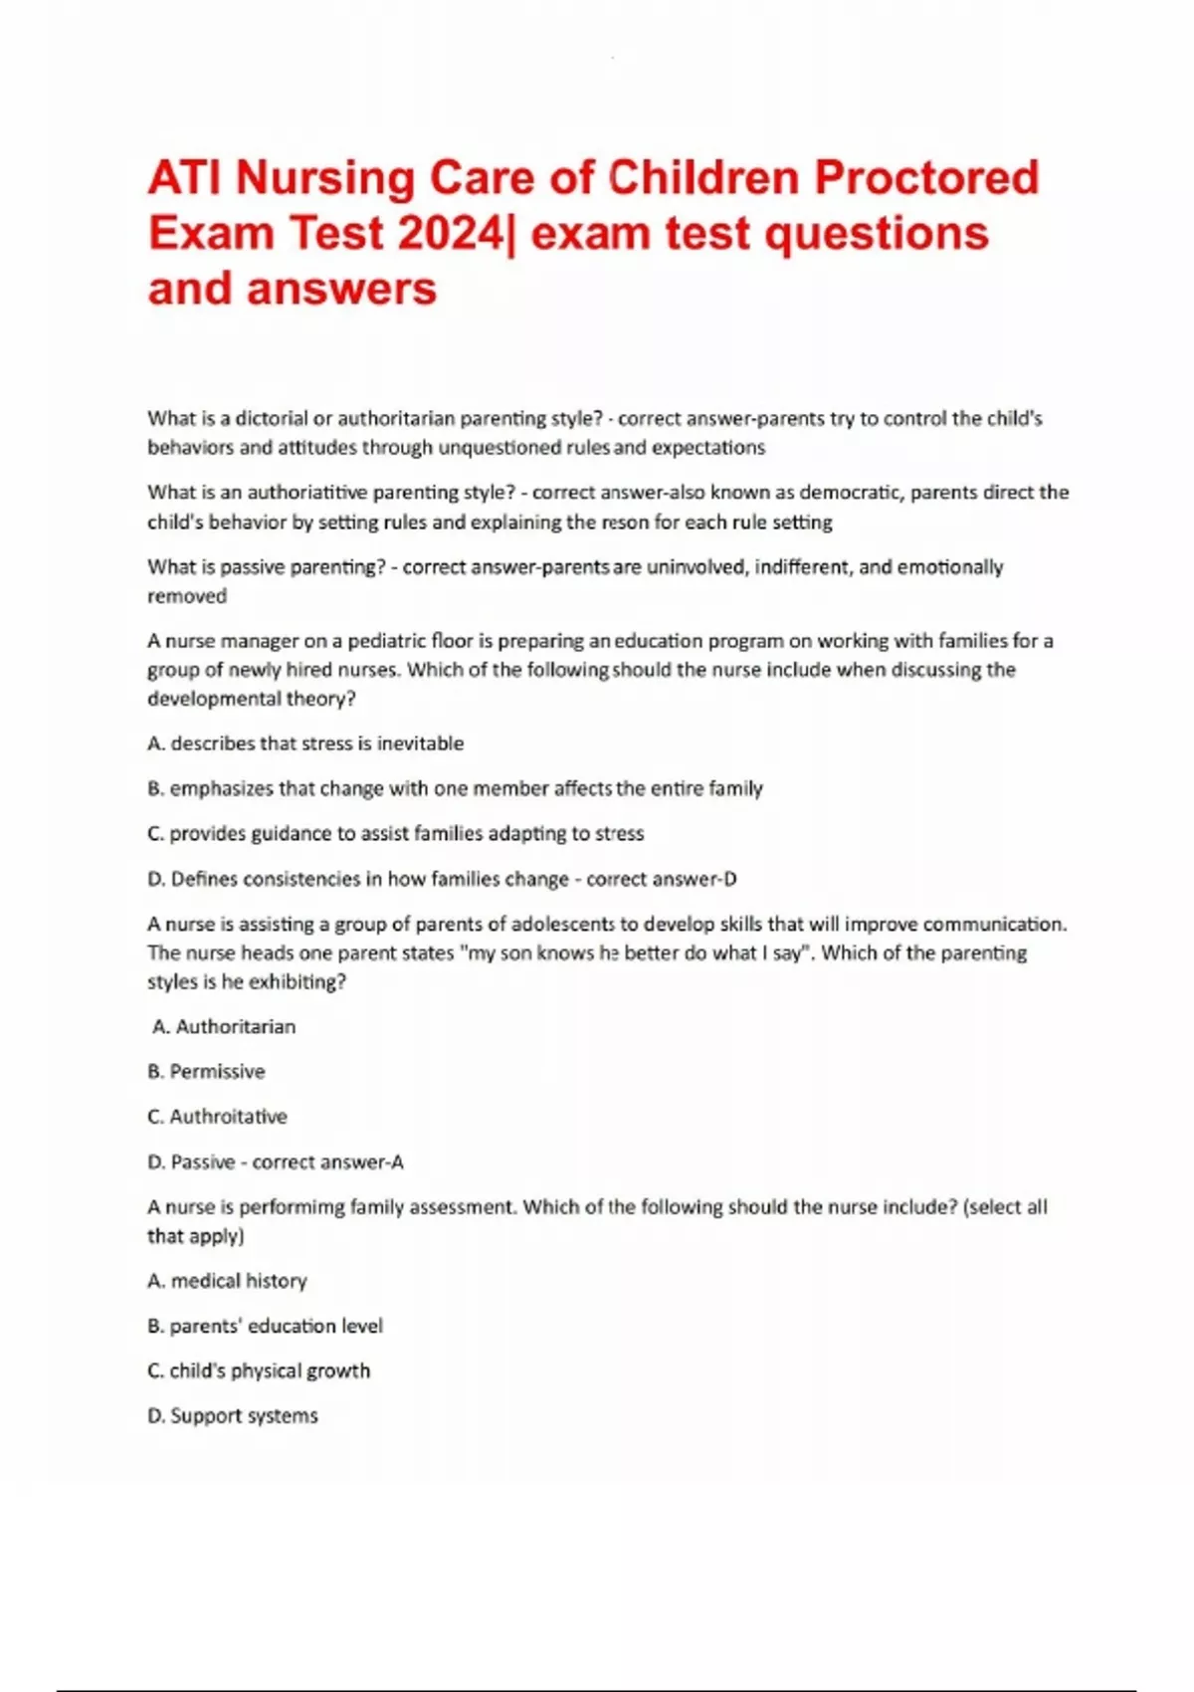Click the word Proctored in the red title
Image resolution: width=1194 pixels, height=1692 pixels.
click(926, 178)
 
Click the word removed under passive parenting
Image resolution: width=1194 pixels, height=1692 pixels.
click(187, 596)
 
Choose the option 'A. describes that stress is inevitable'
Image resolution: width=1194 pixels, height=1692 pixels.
click(305, 743)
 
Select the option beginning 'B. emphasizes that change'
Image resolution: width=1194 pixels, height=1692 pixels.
click(455, 788)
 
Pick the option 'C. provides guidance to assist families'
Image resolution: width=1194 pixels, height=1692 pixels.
click(395, 833)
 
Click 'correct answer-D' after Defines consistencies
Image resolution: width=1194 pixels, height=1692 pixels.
click(662, 879)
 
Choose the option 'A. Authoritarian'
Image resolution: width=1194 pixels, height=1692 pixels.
click(225, 1026)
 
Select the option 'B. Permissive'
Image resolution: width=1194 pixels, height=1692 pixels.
click(206, 1072)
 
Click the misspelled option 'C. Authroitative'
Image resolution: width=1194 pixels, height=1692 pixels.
click(217, 1117)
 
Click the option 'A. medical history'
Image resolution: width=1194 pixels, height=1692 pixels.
click(227, 1281)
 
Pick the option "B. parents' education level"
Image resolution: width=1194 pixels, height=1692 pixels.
click(265, 1326)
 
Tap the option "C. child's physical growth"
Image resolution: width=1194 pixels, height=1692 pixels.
click(259, 1371)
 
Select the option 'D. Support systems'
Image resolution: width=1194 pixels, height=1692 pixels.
click(233, 1415)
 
